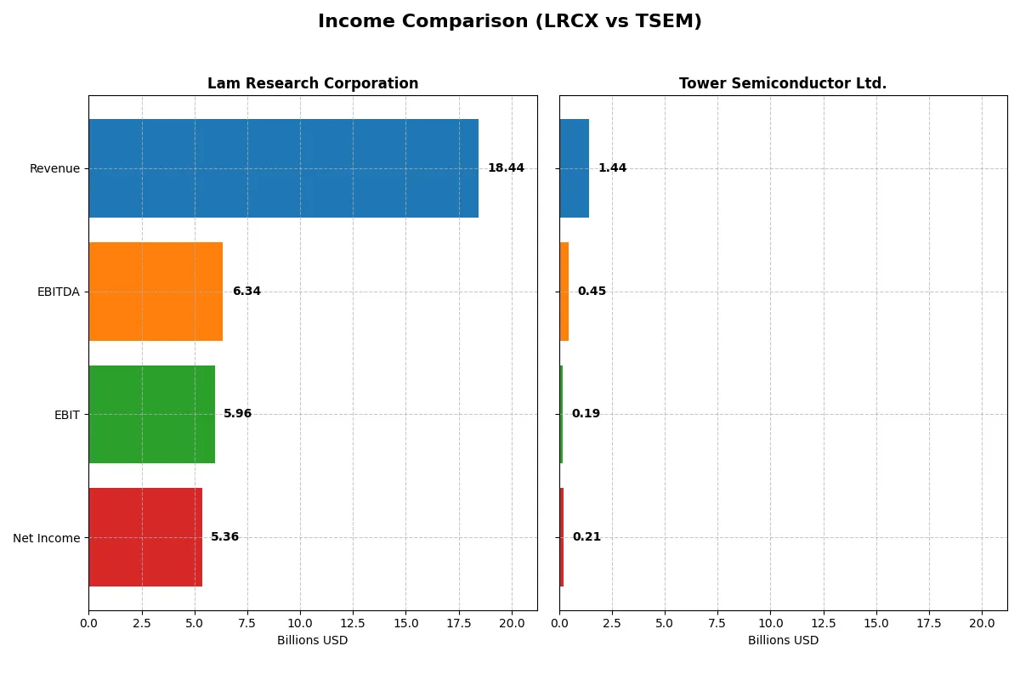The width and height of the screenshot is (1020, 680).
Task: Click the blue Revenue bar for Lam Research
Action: click(x=283, y=168)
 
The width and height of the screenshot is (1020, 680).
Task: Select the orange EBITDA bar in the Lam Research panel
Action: click(x=156, y=292)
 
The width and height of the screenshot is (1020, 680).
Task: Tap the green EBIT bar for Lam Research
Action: click(x=151, y=414)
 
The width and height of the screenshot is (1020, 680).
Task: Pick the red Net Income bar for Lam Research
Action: click(x=145, y=537)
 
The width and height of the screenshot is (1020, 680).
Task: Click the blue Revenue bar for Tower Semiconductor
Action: click(x=574, y=168)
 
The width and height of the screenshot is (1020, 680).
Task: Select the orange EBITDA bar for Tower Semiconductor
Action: click(x=564, y=292)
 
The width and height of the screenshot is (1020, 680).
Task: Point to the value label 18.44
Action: click(x=506, y=168)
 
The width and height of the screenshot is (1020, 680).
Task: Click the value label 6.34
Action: click(x=246, y=292)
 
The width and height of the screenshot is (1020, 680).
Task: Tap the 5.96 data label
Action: click(x=238, y=414)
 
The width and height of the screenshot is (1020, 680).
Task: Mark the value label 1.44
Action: click(x=612, y=168)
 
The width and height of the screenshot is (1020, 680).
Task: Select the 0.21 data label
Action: click(x=586, y=537)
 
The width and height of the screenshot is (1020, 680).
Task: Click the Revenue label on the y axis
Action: click(x=54, y=168)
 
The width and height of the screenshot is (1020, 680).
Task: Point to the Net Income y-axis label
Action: click(x=47, y=538)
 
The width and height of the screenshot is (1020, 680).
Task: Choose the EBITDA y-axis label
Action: click(x=59, y=292)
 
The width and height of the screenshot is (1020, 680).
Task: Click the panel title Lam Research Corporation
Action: click(x=313, y=83)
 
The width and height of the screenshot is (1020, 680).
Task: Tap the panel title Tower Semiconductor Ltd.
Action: click(x=783, y=83)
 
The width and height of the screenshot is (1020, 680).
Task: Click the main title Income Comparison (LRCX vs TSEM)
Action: click(x=510, y=21)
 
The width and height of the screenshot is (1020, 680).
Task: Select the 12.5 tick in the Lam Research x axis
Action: click(x=353, y=623)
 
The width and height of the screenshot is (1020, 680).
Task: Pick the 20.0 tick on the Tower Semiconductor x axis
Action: click(x=982, y=623)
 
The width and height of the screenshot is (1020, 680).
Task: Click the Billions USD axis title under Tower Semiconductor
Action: click(x=783, y=640)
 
